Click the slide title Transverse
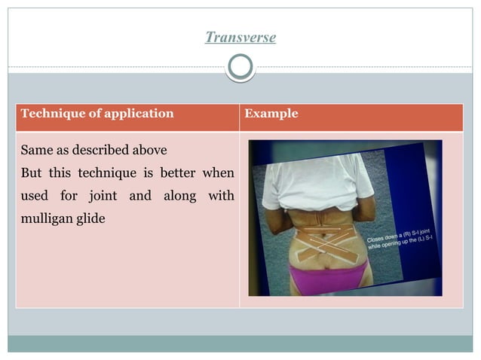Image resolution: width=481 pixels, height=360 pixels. (x=240, y=38)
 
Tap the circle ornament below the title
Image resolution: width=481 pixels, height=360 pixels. (x=240, y=69)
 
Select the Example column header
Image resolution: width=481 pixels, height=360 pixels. (x=271, y=114)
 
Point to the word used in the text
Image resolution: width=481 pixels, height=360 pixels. (x=33, y=197)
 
